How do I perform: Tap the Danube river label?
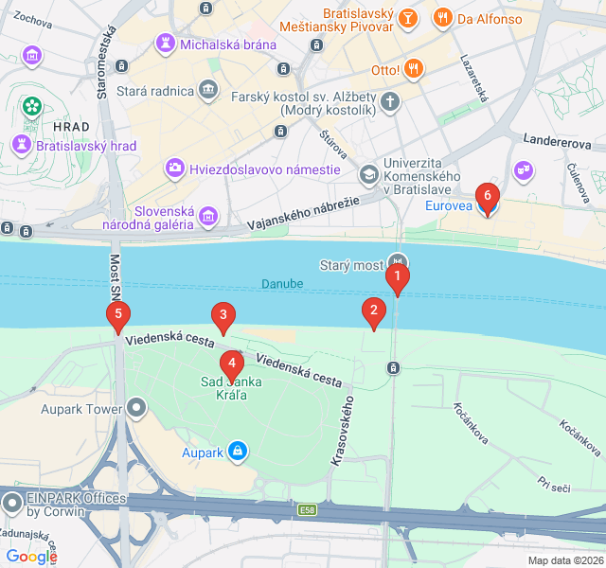tap(282, 284)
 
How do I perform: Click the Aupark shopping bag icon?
tap(238, 453)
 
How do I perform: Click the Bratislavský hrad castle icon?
tap(21, 146)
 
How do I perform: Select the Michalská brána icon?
tap(166, 44)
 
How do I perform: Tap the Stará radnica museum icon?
tap(207, 92)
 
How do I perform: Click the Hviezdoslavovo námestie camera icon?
tap(175, 169)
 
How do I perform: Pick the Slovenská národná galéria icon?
tap(207, 219)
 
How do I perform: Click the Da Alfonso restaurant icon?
tap(442, 18)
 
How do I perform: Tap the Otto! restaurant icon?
tap(413, 69)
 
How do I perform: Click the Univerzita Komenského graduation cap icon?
tap(368, 174)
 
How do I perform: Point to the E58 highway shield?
tap(307, 510)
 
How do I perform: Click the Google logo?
tap(31, 557)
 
